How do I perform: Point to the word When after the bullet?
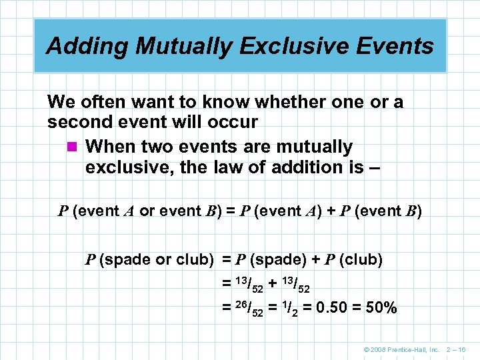pyautogui.click(x=108, y=146)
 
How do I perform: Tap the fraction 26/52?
pyautogui.click(x=245, y=308)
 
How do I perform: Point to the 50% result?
pyautogui.click(x=382, y=308)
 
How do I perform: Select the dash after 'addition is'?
pyautogui.click(x=374, y=168)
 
